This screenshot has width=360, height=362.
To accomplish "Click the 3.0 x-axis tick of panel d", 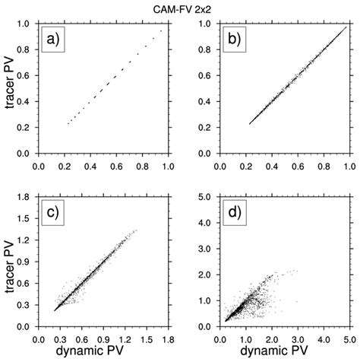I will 298,337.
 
